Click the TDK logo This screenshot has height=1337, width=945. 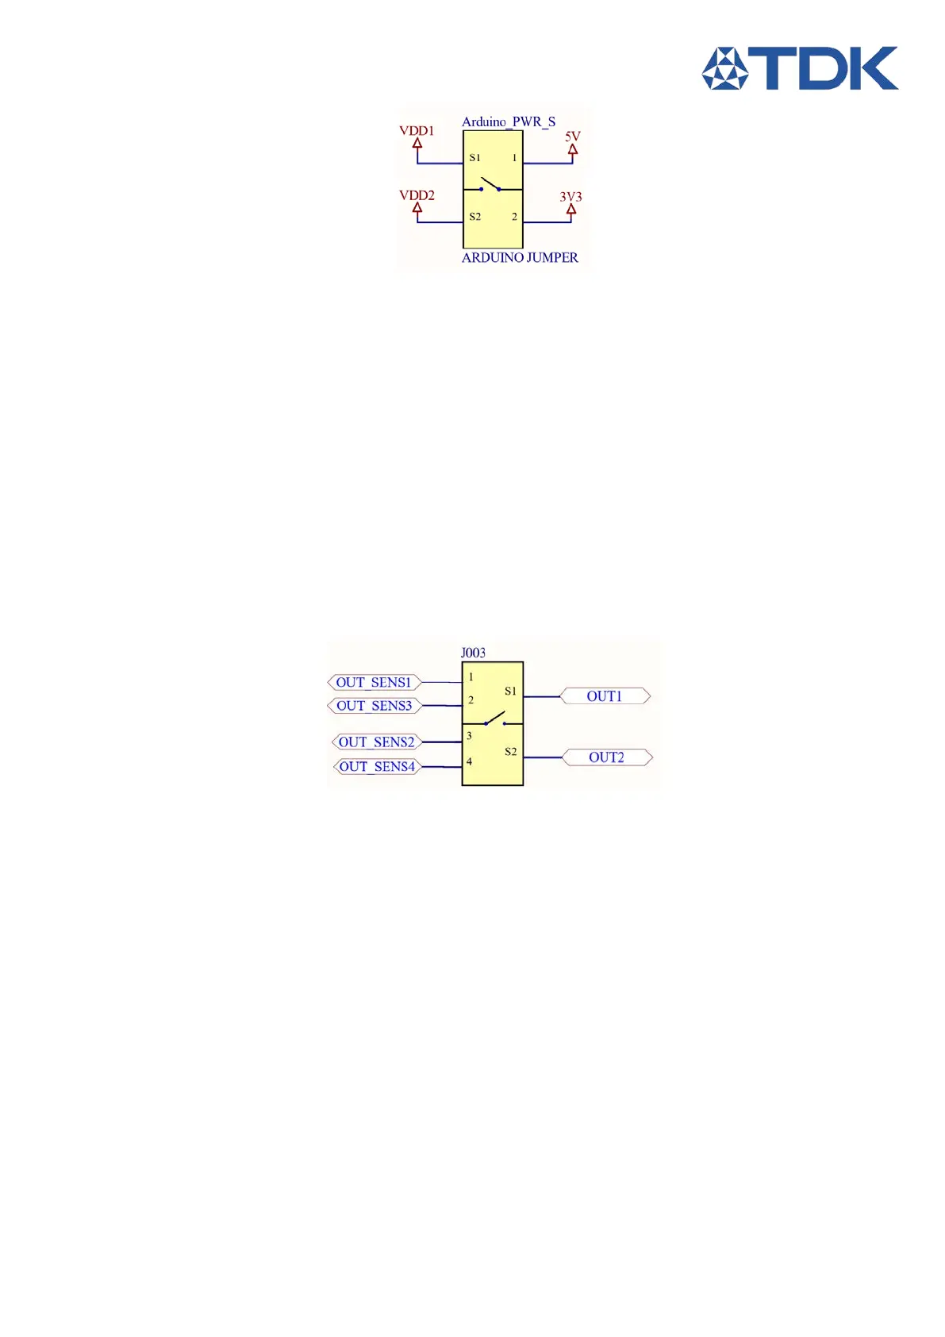click(x=800, y=68)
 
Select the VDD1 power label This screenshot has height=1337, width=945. click(x=417, y=130)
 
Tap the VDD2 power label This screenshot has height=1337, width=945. click(x=417, y=195)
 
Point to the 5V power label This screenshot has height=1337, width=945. click(x=572, y=137)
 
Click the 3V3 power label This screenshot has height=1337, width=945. click(x=570, y=197)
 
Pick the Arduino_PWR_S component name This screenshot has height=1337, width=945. click(x=509, y=121)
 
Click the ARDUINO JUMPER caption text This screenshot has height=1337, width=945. click(x=520, y=257)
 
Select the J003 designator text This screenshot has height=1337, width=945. click(x=473, y=653)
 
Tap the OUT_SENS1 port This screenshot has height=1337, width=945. click(x=374, y=682)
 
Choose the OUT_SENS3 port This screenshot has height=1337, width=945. click(x=374, y=706)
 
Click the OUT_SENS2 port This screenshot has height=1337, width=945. click(x=376, y=742)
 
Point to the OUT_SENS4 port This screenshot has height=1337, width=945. click(x=377, y=767)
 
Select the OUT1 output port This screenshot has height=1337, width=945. click(x=605, y=696)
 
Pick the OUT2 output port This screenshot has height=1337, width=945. click(x=607, y=757)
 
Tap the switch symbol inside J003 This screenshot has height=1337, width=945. click(x=495, y=719)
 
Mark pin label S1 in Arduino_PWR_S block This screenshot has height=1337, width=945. click(x=474, y=158)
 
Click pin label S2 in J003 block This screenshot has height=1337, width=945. click(x=510, y=752)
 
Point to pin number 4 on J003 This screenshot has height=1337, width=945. click(x=469, y=762)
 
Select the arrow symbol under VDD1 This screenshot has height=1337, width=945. click(x=417, y=144)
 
